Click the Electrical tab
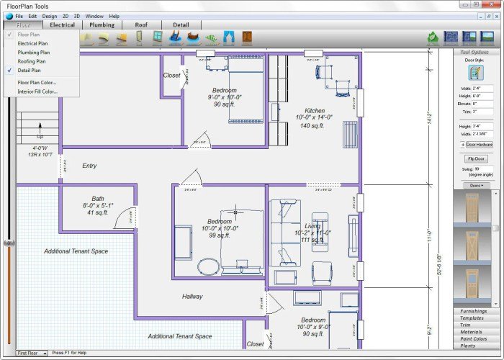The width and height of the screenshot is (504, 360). tap(62, 24)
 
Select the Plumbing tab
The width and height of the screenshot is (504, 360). tap(102, 24)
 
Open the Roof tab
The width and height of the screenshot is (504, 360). tap(141, 24)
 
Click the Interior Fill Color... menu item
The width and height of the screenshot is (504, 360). tap(37, 91)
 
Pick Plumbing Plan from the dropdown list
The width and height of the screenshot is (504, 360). tap(34, 52)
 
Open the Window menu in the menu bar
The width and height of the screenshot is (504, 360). tap(94, 15)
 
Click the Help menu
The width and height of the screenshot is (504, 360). tap(114, 15)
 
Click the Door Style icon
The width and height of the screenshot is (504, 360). tap(475, 72)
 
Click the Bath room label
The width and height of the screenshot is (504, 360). tap(98, 199)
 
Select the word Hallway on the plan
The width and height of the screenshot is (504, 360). tap(192, 296)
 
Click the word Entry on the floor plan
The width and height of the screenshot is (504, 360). tap(89, 166)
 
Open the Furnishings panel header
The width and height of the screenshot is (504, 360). tap(474, 311)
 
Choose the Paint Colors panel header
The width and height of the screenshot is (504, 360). tap(474, 338)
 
